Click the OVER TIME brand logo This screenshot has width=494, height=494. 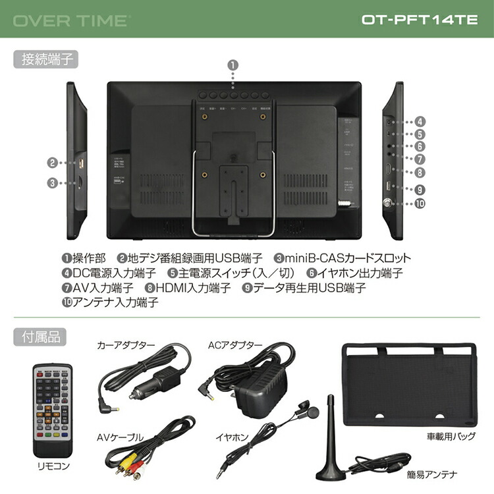[x=71, y=20]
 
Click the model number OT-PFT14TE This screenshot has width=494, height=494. [x=420, y=20]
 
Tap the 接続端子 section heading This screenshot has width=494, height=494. [x=45, y=59]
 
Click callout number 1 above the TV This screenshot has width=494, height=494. [x=234, y=65]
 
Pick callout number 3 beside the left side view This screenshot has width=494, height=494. [x=53, y=184]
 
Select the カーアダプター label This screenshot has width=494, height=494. [x=126, y=345]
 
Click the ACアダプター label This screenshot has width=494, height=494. [x=234, y=345]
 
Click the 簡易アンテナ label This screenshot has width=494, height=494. [x=432, y=474]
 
